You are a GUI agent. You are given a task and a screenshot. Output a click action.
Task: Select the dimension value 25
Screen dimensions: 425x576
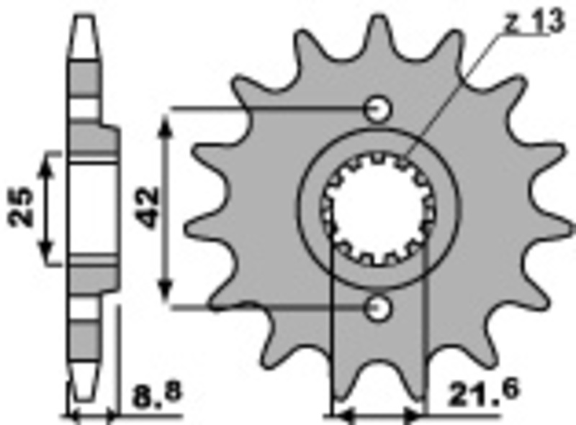coord(22,207)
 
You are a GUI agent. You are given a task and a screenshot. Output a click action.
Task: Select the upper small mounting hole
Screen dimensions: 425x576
coord(377,109)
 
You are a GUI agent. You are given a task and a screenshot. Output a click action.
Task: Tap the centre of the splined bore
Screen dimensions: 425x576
coord(377,208)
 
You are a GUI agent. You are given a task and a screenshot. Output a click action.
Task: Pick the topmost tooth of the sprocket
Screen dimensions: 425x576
coord(377,29)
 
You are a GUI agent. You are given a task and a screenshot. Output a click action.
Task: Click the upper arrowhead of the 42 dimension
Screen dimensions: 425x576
coord(166,122)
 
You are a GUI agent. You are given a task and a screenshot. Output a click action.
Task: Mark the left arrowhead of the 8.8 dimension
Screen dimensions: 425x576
coord(74,415)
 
